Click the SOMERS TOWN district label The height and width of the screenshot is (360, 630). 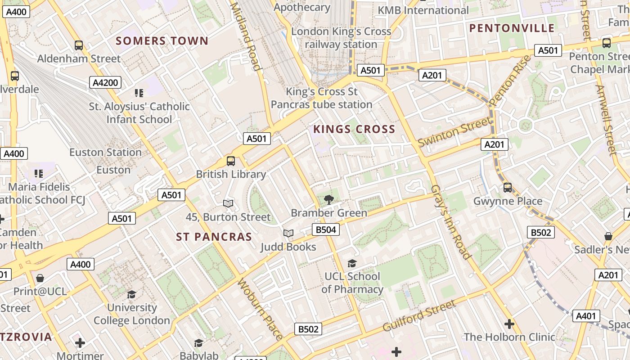(x=162, y=41)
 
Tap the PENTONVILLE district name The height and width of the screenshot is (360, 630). (x=512, y=28)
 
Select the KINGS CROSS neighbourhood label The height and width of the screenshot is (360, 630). (x=354, y=130)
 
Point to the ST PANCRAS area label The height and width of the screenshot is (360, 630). (x=214, y=237)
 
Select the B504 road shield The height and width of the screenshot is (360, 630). (x=326, y=230)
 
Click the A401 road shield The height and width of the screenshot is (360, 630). (x=586, y=316)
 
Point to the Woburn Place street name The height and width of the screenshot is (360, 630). (x=260, y=309)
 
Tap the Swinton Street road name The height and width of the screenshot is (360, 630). (x=454, y=131)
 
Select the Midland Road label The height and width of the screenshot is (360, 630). (x=246, y=36)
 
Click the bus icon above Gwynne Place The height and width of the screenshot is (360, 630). (x=508, y=188)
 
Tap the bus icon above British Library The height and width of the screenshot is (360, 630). (x=231, y=161)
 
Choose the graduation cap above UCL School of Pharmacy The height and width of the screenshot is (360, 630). (x=352, y=263)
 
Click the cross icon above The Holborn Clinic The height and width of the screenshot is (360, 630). (x=509, y=324)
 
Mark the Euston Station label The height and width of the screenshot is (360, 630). (x=105, y=153)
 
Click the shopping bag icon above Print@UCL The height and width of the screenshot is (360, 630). (x=40, y=278)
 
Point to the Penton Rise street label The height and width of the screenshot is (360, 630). (x=510, y=81)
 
